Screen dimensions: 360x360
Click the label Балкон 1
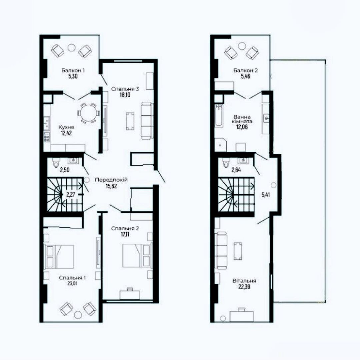click(x=73, y=70)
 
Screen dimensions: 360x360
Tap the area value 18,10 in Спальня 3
click(x=125, y=95)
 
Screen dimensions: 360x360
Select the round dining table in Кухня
click(x=89, y=113)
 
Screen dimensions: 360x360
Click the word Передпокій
click(x=111, y=180)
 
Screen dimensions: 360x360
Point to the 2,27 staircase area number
click(x=70, y=195)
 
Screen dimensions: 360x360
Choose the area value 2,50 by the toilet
click(x=65, y=170)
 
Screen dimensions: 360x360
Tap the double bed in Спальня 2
click(x=137, y=256)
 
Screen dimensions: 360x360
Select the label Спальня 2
click(x=125, y=229)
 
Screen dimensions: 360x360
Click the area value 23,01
click(x=72, y=283)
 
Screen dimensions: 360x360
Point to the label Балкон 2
click(x=245, y=70)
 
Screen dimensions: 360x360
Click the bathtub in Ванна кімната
click(x=219, y=115)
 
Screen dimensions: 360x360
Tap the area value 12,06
click(x=242, y=127)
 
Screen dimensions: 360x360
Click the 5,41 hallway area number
click(x=266, y=195)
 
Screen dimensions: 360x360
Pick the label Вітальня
click(x=244, y=281)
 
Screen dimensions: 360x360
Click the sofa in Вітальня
click(x=221, y=250)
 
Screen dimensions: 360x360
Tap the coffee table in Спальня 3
click(x=130, y=121)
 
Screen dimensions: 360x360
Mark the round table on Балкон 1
click(x=71, y=48)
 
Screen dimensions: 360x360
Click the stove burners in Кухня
click(x=47, y=137)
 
